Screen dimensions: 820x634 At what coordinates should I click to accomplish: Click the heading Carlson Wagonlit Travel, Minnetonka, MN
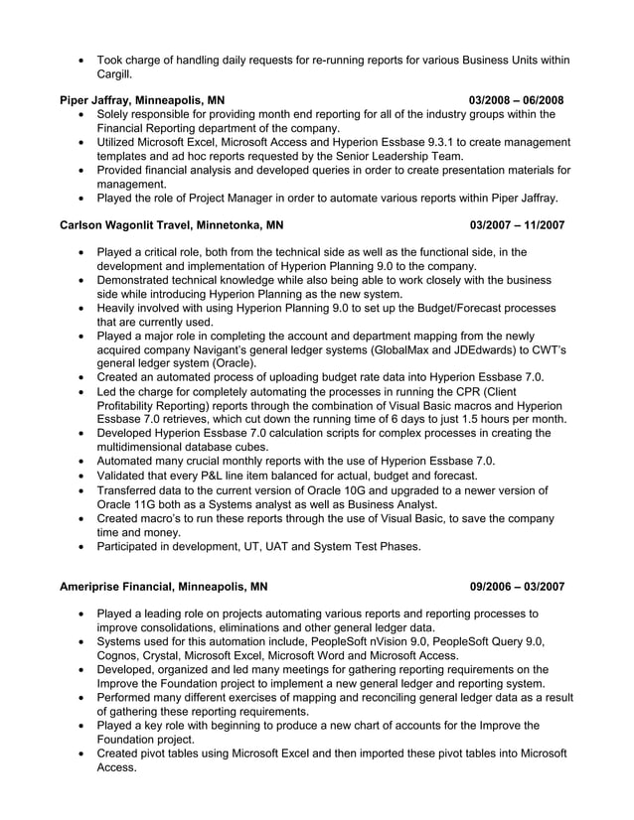click(x=171, y=224)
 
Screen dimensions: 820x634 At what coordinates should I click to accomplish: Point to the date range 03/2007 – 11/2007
click(x=517, y=224)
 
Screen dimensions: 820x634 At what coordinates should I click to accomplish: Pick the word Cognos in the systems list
click(x=118, y=656)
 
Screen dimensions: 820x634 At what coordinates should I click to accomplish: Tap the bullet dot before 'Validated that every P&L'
click(x=81, y=477)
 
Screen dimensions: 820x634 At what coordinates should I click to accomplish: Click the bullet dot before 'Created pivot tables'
click(x=81, y=754)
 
